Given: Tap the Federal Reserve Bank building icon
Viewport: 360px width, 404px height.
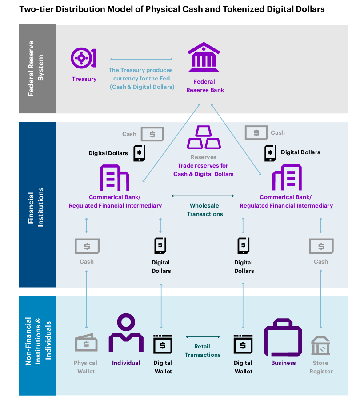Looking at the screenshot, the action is [x=204, y=57].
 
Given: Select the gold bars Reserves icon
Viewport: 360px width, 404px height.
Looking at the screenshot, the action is [x=204, y=137].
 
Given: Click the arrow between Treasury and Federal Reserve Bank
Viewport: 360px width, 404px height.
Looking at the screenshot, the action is [x=141, y=59].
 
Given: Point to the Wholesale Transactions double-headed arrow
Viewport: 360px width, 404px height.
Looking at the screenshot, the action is [x=203, y=196].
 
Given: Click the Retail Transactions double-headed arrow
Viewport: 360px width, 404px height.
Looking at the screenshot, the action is [x=203, y=337].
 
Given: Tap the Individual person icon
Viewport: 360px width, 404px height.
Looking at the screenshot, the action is [x=126, y=333].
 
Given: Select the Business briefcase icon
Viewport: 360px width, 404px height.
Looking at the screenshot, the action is [x=283, y=337].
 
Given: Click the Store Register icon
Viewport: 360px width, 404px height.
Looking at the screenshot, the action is [x=320, y=345].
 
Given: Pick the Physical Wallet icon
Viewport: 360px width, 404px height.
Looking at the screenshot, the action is [x=86, y=342].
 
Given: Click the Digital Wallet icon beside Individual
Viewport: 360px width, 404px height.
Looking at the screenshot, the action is [x=163, y=344].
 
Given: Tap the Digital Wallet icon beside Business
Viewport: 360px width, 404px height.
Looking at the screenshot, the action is [x=243, y=344].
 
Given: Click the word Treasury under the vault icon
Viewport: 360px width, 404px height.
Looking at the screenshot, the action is [x=84, y=79].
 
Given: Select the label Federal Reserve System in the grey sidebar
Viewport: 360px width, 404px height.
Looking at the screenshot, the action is [x=36, y=68].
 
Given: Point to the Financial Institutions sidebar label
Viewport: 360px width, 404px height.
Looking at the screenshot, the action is [x=36, y=207].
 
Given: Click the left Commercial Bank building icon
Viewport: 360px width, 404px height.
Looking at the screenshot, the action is [x=114, y=178].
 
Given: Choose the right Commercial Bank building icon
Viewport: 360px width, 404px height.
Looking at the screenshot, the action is [x=287, y=177].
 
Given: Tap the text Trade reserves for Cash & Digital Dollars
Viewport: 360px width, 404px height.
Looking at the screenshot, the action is [x=203, y=170].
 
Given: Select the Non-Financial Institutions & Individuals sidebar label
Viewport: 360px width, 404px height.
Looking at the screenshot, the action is [x=38, y=341].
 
